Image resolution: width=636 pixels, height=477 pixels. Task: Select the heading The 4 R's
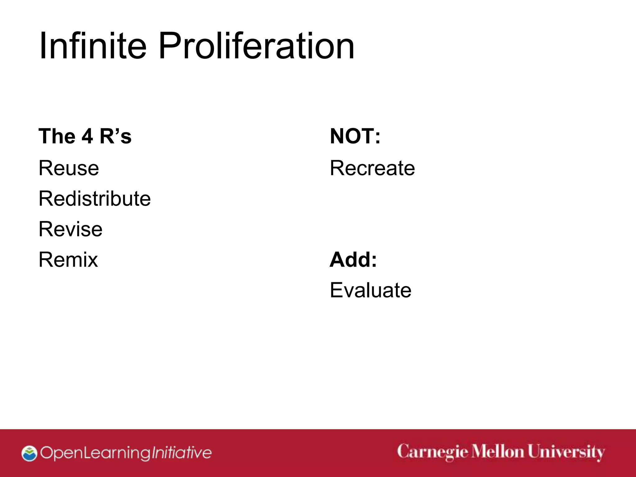(85, 136)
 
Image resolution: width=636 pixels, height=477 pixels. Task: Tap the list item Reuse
(69, 168)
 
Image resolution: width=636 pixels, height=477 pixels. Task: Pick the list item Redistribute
(94, 198)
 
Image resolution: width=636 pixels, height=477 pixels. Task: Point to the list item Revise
(70, 229)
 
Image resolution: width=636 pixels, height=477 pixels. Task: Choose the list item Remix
(68, 260)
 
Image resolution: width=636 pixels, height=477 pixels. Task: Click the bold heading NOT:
(355, 136)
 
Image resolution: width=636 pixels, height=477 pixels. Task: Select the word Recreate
(372, 168)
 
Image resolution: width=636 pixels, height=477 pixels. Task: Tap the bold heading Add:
(353, 260)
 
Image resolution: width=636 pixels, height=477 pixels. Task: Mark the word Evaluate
(370, 290)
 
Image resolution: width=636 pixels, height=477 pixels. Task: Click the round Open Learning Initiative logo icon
(30, 453)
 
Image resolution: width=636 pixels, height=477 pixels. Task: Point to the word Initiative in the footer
(181, 453)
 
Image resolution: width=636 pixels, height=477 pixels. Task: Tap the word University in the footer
(566, 452)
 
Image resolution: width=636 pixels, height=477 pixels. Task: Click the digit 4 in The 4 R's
(87, 136)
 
